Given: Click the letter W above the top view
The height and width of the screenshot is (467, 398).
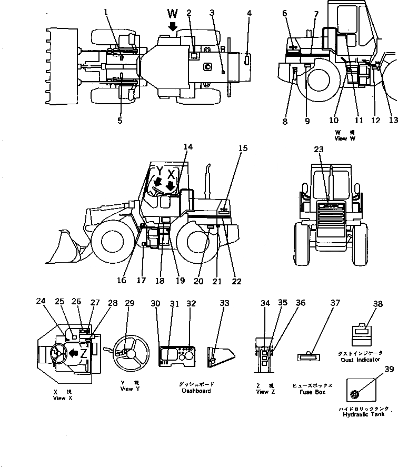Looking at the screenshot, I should [x=173, y=13].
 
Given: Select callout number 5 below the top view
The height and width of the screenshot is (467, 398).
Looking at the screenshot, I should [x=120, y=121].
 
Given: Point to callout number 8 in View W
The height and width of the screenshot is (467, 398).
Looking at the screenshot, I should [x=285, y=122].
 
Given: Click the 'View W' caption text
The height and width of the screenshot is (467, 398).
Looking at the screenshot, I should [x=345, y=138].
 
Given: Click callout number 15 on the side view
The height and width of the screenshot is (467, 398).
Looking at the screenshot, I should [x=242, y=148].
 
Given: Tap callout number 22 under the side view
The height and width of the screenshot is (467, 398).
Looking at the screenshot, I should [x=236, y=281].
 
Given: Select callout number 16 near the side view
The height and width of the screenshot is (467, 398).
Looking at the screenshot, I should [x=122, y=281].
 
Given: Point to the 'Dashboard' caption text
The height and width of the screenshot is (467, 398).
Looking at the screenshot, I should [x=196, y=391].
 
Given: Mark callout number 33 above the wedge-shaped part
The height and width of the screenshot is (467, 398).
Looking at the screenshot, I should [x=224, y=303].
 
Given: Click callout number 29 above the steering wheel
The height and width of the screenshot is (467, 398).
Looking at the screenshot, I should [x=130, y=303].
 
